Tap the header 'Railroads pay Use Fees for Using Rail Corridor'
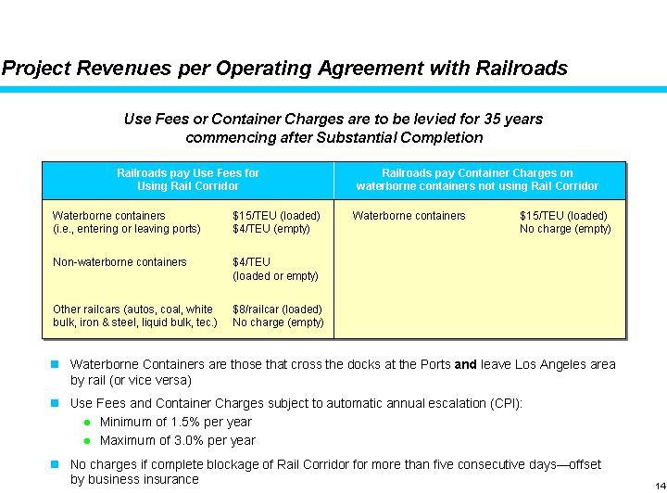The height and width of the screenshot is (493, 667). [187, 179]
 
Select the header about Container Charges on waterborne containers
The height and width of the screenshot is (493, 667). [477, 179]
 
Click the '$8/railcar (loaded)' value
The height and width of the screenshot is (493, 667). [277, 310]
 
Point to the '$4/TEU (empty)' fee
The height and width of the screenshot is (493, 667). [271, 229]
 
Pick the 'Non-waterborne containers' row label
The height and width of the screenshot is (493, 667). [120, 262]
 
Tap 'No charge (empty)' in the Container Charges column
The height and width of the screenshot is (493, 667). [565, 229]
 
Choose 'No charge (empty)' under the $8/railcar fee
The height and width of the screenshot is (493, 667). [278, 322]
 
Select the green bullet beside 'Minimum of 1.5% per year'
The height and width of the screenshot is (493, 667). [87, 423]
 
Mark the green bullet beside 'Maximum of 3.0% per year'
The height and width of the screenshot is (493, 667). [87, 441]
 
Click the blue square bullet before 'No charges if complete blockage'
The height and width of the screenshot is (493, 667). [56, 463]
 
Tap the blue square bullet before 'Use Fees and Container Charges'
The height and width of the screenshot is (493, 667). [56, 404]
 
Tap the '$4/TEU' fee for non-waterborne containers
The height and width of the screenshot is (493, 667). [252, 262]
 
